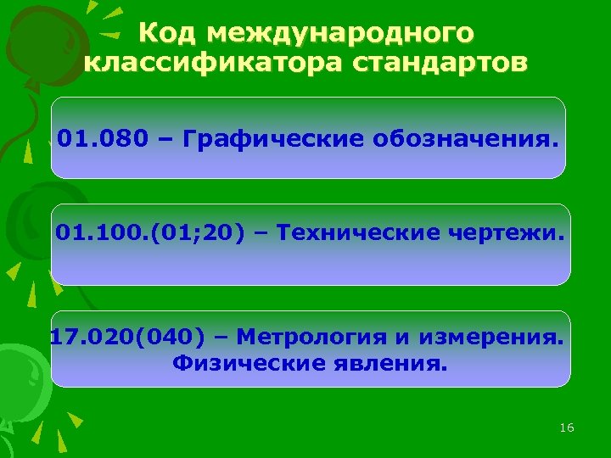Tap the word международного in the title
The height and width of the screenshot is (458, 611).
pyautogui.click(x=340, y=33)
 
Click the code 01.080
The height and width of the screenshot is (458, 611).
pyautogui.click(x=93, y=137)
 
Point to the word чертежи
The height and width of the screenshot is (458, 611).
pyautogui.click(x=518, y=231)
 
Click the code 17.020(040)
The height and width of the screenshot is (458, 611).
pyautogui.click(x=127, y=338)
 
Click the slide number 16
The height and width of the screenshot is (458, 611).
pyautogui.click(x=567, y=427)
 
